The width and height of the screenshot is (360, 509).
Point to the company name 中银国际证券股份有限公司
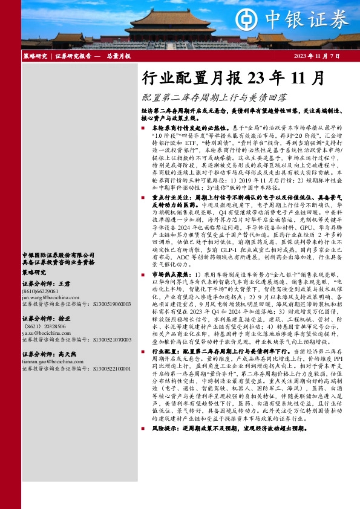[58, 256]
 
